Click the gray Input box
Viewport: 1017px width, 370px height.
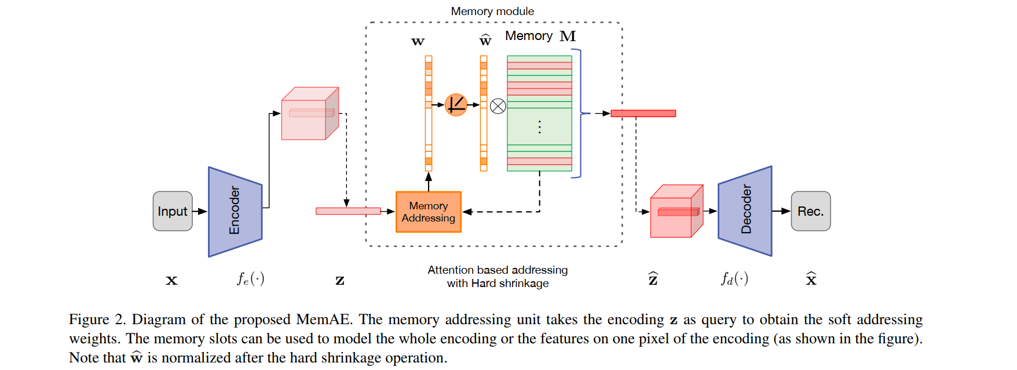point(173,211)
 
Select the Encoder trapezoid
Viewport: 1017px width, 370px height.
point(235,212)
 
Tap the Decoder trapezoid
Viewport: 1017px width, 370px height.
point(745,211)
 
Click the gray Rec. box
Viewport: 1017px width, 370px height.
point(810,211)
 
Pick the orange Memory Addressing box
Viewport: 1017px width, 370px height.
point(428,212)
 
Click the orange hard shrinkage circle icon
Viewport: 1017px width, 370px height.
point(456,105)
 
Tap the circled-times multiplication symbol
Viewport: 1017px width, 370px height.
point(497,106)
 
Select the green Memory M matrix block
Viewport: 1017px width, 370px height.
point(539,113)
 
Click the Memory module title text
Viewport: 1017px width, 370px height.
point(492,11)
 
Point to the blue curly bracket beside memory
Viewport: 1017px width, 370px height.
point(580,113)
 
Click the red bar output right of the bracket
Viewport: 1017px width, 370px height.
point(643,113)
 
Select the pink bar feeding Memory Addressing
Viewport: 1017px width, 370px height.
point(347,211)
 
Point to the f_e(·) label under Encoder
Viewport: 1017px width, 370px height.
point(250,279)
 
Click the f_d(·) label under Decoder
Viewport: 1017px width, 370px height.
point(734,279)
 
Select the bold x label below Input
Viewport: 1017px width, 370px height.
point(171,281)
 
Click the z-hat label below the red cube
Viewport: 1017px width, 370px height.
point(653,279)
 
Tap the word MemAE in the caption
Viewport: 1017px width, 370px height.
point(323,320)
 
